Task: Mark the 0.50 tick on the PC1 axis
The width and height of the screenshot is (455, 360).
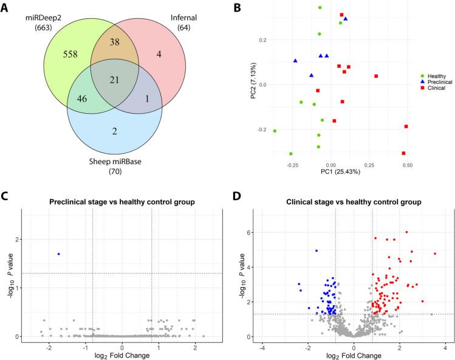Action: coord(407,165)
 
